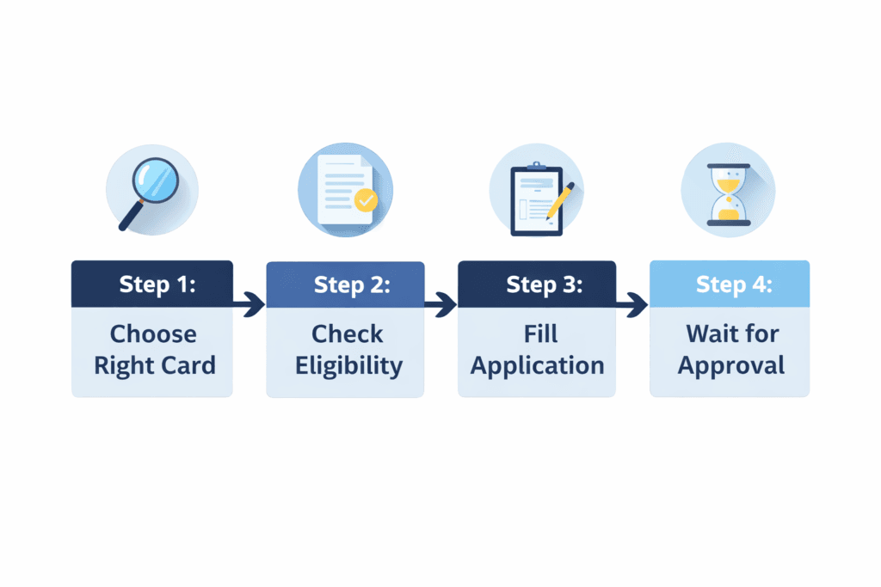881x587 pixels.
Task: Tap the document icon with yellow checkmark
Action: [x=345, y=189]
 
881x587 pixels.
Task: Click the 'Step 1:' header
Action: [x=152, y=284]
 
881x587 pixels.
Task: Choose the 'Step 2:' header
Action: [x=345, y=284]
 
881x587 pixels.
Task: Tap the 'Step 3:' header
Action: [x=537, y=284]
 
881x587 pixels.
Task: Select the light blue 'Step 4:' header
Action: [x=730, y=284]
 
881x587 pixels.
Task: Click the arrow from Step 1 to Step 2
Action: [x=250, y=303]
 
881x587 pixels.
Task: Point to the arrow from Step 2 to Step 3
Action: [x=440, y=303]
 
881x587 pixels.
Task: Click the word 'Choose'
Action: [x=153, y=333]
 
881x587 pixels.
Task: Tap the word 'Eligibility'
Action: [x=348, y=366]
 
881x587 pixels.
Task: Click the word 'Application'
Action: [x=537, y=366]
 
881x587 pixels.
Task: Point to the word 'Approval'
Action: [x=731, y=365]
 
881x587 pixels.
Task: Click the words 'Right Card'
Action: [x=154, y=365]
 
